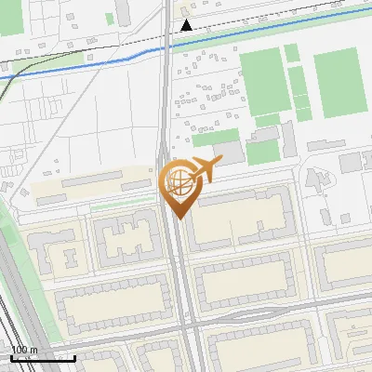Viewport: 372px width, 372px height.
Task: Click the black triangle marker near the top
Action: click(x=187, y=25)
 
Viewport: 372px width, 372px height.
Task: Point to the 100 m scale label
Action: click(x=24, y=350)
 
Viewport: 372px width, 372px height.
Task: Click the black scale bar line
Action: click(x=43, y=357)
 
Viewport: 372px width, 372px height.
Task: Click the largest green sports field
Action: click(x=261, y=81)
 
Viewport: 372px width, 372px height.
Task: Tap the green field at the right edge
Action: click(x=337, y=84)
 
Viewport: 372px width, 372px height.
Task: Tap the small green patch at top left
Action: click(x=110, y=19)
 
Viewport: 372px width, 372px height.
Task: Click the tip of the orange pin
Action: click(x=178, y=219)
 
